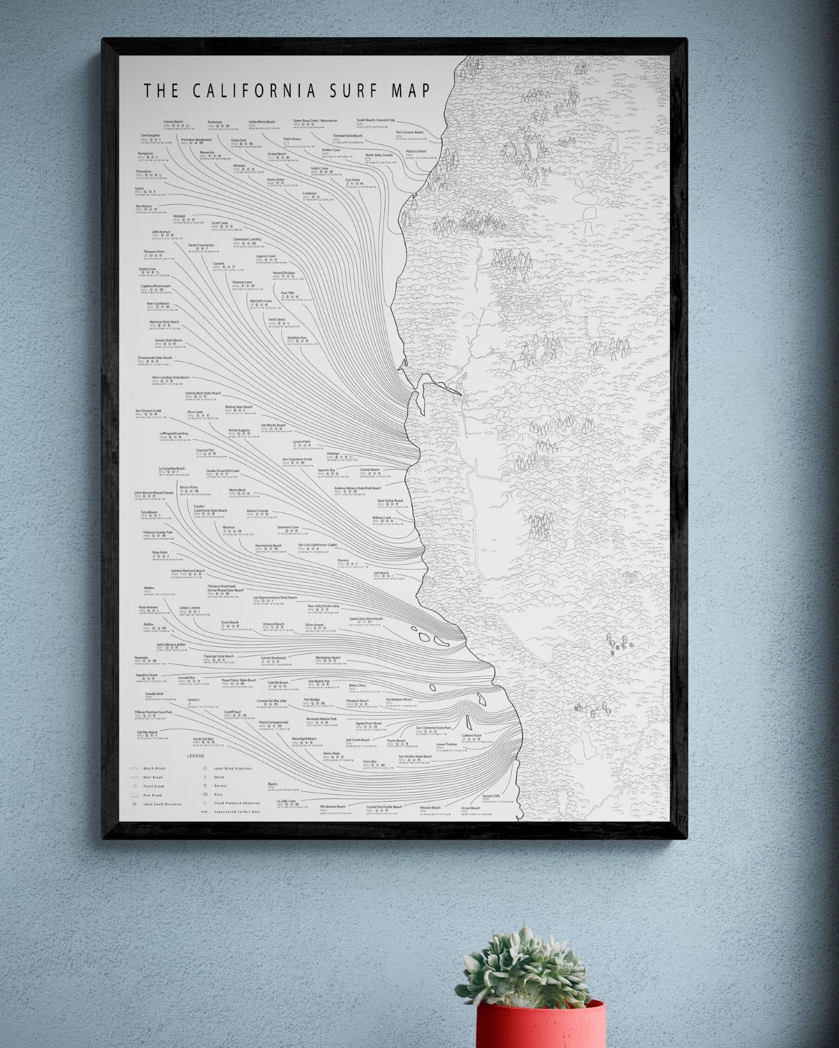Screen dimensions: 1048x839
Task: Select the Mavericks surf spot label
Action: [x=207, y=153]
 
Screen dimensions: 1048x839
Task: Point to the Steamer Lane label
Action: [x=242, y=282]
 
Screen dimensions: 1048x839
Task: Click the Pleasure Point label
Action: [x=154, y=252]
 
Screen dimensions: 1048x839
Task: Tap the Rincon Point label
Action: [x=189, y=487]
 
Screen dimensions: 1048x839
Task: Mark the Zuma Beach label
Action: [x=230, y=622]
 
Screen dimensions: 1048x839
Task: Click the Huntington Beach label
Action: [x=399, y=700]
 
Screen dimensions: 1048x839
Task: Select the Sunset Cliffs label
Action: [x=491, y=796]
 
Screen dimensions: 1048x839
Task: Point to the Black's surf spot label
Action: [x=272, y=784]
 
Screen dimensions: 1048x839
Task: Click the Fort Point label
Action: [x=352, y=180]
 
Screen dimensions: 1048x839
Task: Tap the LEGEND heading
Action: [x=196, y=756]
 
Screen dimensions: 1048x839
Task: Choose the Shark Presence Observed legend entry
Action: [x=233, y=804]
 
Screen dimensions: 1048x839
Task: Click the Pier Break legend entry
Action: [x=153, y=795]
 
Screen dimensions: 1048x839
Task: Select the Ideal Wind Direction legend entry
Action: [x=233, y=769]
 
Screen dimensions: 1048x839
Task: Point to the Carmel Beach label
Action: [x=369, y=470]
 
